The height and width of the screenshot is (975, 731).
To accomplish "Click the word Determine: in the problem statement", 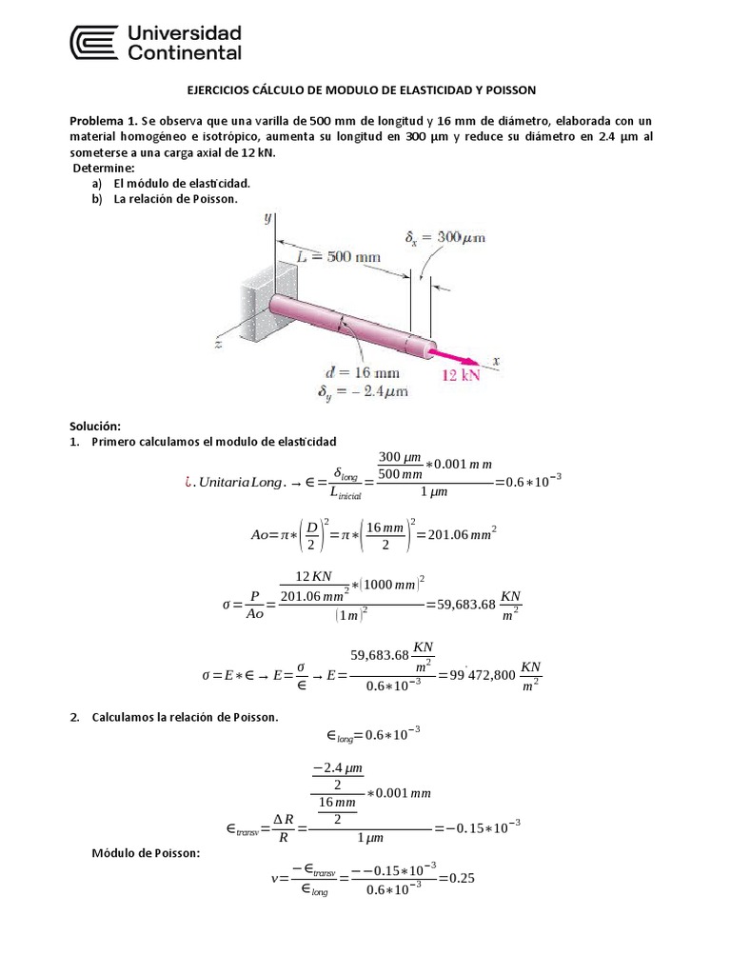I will point(108,167).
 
